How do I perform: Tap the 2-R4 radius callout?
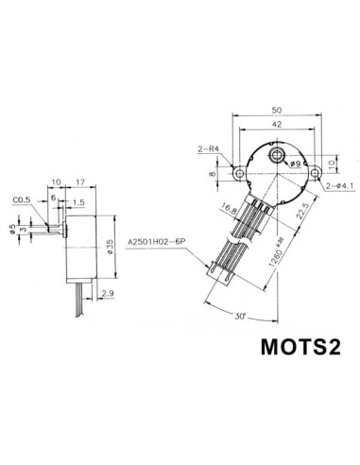[x=210, y=149]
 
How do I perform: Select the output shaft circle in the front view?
[x=277, y=153]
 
